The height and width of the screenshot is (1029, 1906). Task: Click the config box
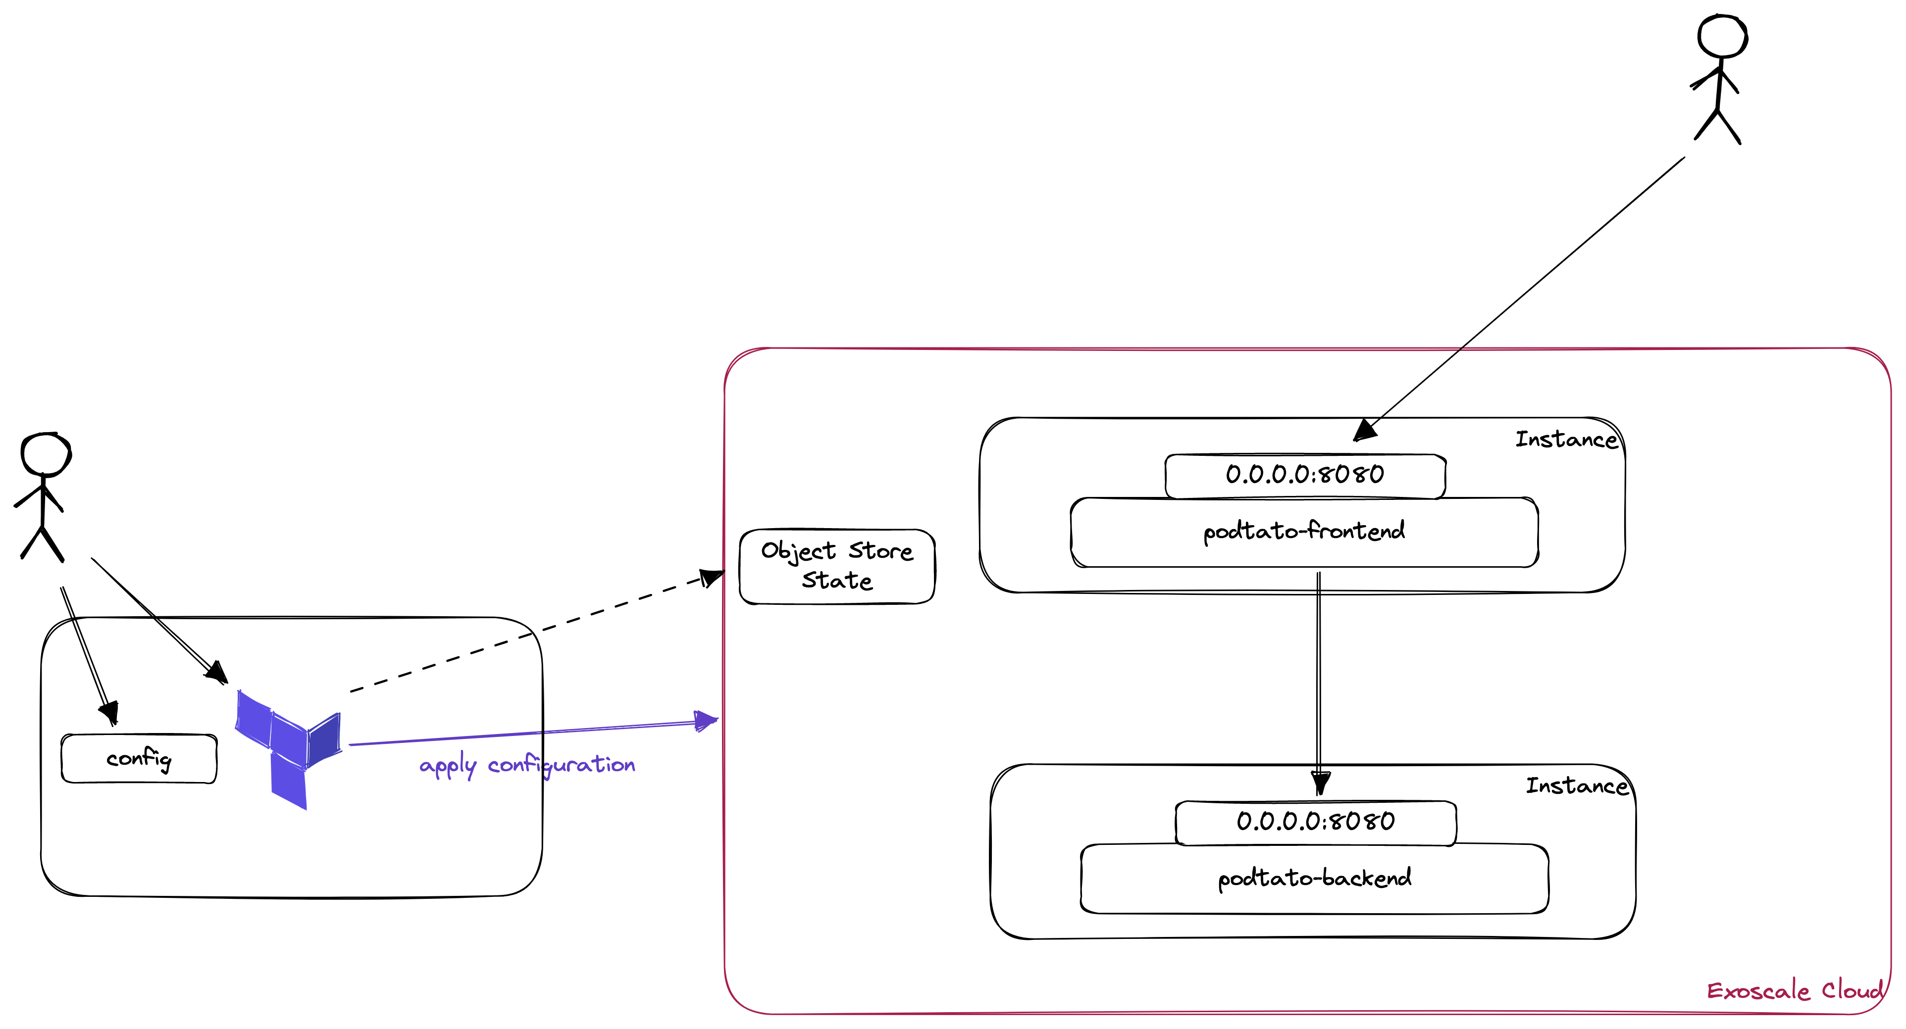(139, 758)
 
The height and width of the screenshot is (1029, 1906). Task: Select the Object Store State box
(837, 567)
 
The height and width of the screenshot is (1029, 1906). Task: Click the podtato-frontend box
(1304, 533)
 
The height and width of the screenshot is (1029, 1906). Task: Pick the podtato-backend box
(1314, 879)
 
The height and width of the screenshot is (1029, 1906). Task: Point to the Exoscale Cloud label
(1794, 990)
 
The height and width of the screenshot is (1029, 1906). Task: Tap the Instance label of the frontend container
(1566, 440)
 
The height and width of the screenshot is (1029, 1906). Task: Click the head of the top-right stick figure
(1722, 36)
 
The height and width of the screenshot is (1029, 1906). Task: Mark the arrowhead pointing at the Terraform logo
(217, 673)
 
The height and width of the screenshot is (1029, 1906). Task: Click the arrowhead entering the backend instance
(1320, 783)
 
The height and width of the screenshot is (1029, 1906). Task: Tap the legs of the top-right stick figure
(1717, 127)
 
